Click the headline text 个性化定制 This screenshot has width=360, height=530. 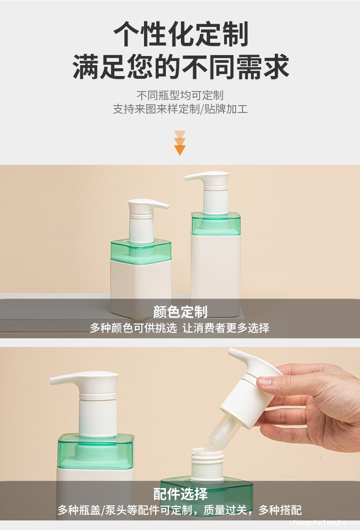tap(180, 34)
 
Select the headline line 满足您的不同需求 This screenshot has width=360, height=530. tap(180, 66)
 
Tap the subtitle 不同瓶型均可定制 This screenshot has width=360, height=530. tap(180, 95)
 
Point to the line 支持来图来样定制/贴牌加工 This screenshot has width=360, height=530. tap(180, 109)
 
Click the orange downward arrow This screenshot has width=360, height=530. tap(180, 143)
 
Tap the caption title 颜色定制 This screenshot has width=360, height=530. tap(180, 311)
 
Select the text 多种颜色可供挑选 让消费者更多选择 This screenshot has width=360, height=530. tap(180, 327)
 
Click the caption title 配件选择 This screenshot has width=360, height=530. tap(180, 494)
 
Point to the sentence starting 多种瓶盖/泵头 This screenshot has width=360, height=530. tap(180, 510)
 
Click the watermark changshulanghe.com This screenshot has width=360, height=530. tap(324, 523)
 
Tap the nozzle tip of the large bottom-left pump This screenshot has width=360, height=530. tap(51, 381)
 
